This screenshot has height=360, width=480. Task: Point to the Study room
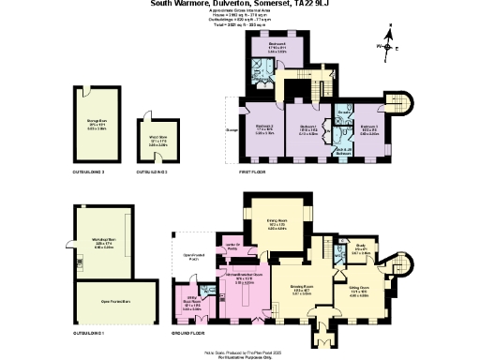[x=360, y=251]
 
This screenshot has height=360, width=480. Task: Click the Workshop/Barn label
[x=104, y=242]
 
